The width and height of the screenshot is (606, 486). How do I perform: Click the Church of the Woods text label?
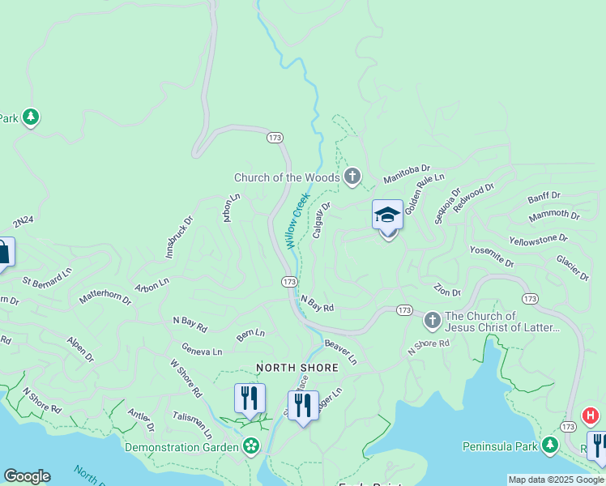[x=287, y=177]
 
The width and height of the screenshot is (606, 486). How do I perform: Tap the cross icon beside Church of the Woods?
[x=352, y=176]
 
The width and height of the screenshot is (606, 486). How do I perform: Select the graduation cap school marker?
[x=388, y=217]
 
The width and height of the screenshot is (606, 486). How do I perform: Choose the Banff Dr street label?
[x=544, y=197]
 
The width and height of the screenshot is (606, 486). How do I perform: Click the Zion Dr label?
[x=447, y=291]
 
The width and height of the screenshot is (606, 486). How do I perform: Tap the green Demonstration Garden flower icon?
[x=251, y=446]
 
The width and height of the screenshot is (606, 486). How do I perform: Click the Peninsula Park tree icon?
[x=551, y=446]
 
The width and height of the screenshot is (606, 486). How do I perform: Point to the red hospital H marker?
[x=591, y=416]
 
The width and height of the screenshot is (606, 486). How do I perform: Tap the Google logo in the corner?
[x=27, y=476]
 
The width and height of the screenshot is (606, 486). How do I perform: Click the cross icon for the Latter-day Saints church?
[x=432, y=322]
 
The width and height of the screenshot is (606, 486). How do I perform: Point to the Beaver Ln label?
[x=340, y=351]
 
